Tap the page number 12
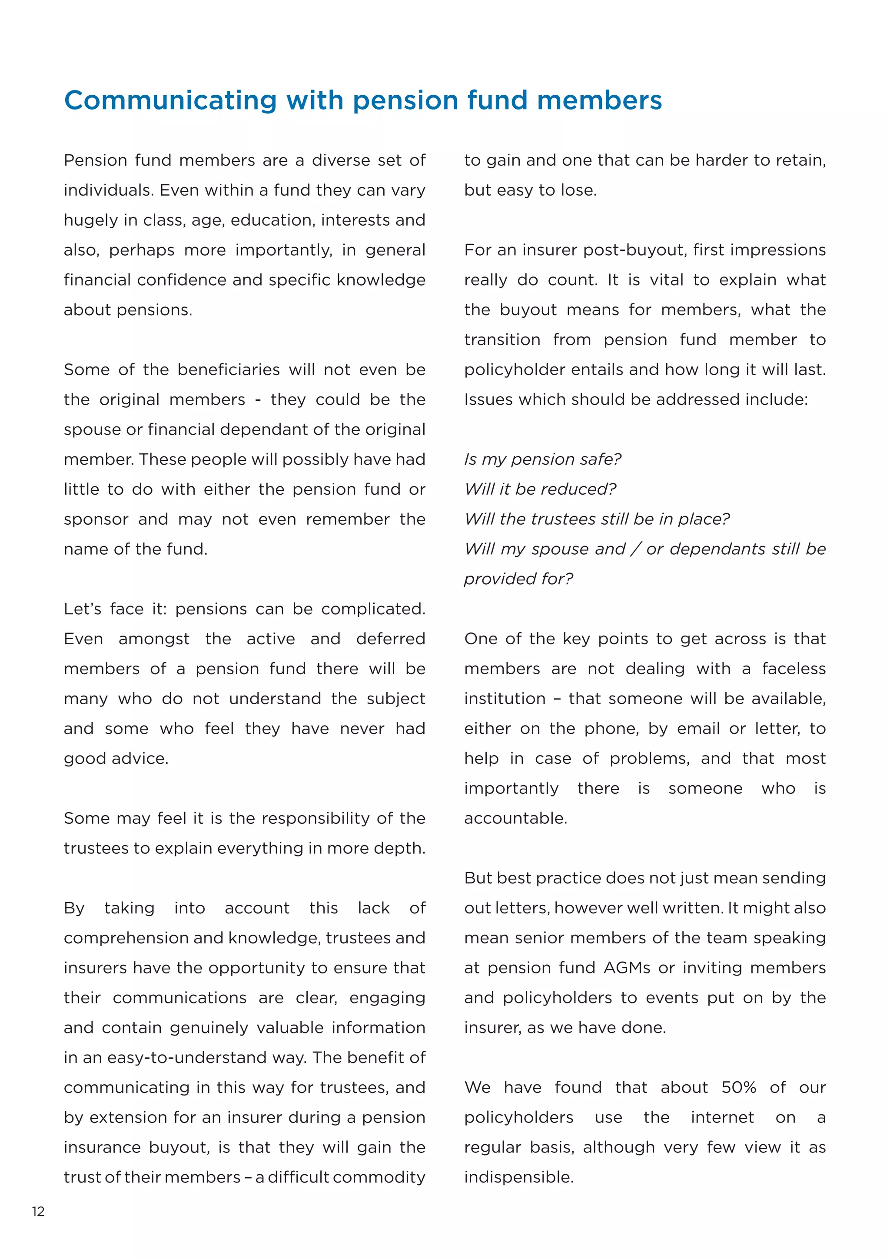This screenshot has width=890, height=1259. tap(38, 1211)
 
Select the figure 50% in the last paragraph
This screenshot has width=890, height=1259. tap(738, 1087)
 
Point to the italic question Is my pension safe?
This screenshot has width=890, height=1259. tap(542, 459)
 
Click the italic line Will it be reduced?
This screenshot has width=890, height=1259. tap(540, 489)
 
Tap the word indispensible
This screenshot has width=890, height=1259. tap(518, 1177)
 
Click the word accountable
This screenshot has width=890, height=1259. tap(515, 818)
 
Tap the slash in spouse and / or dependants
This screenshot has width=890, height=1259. tap(635, 549)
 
